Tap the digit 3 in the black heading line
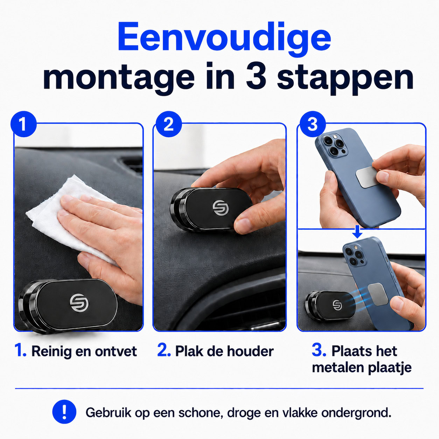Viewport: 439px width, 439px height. click(x=256, y=76)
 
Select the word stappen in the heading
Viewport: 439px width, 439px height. click(x=345, y=79)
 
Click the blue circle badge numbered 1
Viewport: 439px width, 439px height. click(x=23, y=124)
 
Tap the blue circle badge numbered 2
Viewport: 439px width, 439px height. click(x=169, y=124)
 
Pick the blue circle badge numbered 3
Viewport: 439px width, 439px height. click(x=313, y=124)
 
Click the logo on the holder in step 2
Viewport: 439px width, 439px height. click(x=219, y=208)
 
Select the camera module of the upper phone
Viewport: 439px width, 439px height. click(x=335, y=145)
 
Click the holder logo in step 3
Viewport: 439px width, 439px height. click(x=336, y=305)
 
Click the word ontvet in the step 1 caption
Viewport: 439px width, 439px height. click(x=116, y=351)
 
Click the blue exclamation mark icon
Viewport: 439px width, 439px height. click(x=64, y=412)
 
